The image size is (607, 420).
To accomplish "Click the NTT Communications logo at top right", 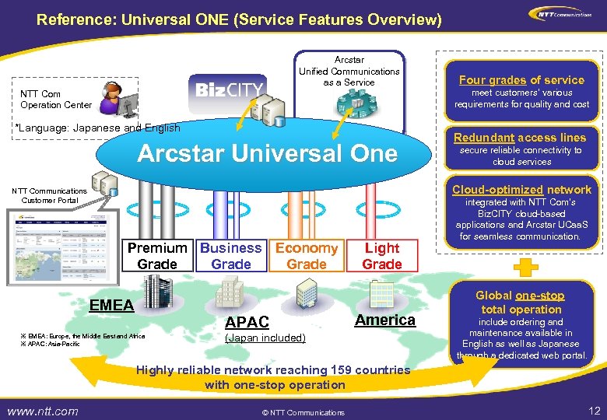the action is tap(559, 13).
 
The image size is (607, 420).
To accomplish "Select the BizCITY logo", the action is tap(229, 89).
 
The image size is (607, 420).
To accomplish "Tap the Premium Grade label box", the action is tap(157, 256).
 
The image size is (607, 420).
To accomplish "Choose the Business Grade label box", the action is tap(231, 256).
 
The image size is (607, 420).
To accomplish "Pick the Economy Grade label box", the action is tap(307, 256).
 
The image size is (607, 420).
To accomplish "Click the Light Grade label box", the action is tap(382, 256).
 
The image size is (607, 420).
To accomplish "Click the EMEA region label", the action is tap(112, 304).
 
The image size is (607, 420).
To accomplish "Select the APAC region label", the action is tap(247, 322).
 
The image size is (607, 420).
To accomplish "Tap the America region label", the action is tap(385, 320).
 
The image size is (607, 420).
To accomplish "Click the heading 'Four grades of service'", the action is tap(521, 79).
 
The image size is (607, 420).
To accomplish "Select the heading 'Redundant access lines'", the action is tap(520, 137).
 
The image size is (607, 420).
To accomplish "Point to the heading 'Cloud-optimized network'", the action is tap(521, 189).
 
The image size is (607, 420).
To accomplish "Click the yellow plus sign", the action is tap(527, 267).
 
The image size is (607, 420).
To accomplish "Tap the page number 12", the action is tap(595, 411).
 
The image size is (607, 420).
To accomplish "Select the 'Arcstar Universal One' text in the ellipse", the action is tap(267, 153).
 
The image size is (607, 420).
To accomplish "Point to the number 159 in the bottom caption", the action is tap(341, 370).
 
